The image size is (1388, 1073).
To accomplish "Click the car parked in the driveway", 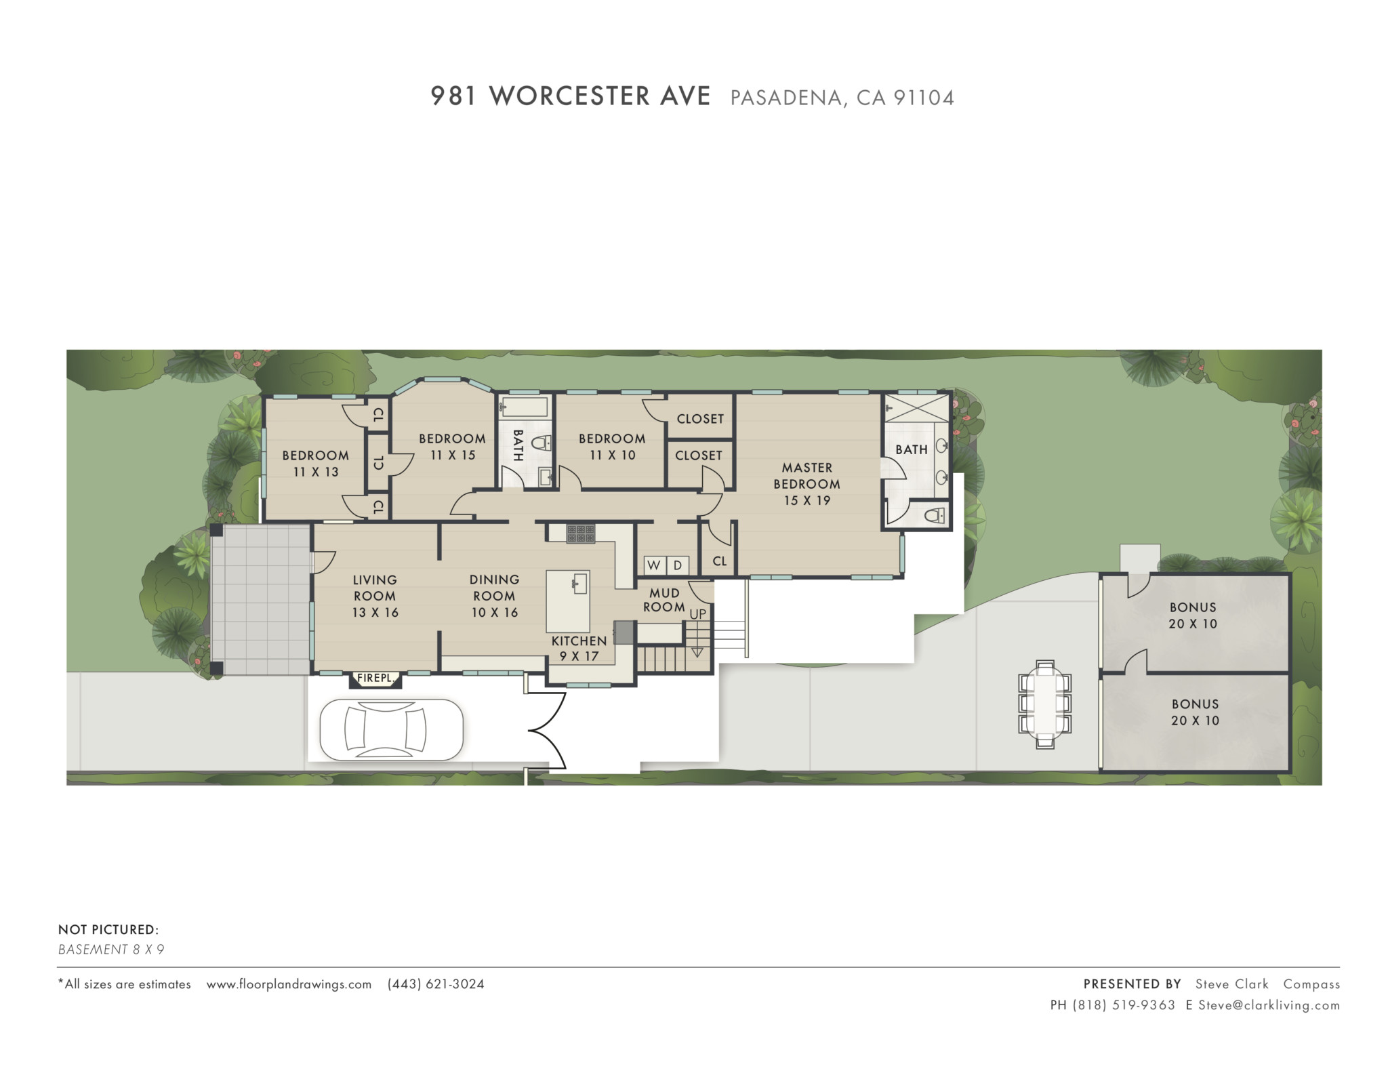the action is click(392, 730).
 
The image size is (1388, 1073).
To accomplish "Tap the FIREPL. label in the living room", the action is click(375, 678).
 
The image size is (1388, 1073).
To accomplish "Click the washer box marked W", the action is click(654, 565).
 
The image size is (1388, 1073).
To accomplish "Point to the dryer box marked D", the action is click(678, 565).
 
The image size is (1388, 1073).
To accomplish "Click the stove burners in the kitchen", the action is click(581, 533).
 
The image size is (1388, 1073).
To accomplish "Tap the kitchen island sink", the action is click(579, 583).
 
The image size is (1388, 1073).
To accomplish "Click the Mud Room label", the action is click(664, 600).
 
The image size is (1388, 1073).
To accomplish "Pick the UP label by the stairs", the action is click(698, 614).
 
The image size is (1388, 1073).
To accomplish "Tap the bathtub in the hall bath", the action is click(524, 407).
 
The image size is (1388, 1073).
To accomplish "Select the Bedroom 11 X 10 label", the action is click(612, 447).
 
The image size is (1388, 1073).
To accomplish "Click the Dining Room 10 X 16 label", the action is click(495, 596).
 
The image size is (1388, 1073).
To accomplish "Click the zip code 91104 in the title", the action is click(924, 98).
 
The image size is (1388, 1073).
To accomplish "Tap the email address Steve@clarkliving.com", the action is click(1269, 1005).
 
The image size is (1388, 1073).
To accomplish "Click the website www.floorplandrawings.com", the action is click(289, 984).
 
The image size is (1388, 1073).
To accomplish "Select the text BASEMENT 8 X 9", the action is click(111, 949).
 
